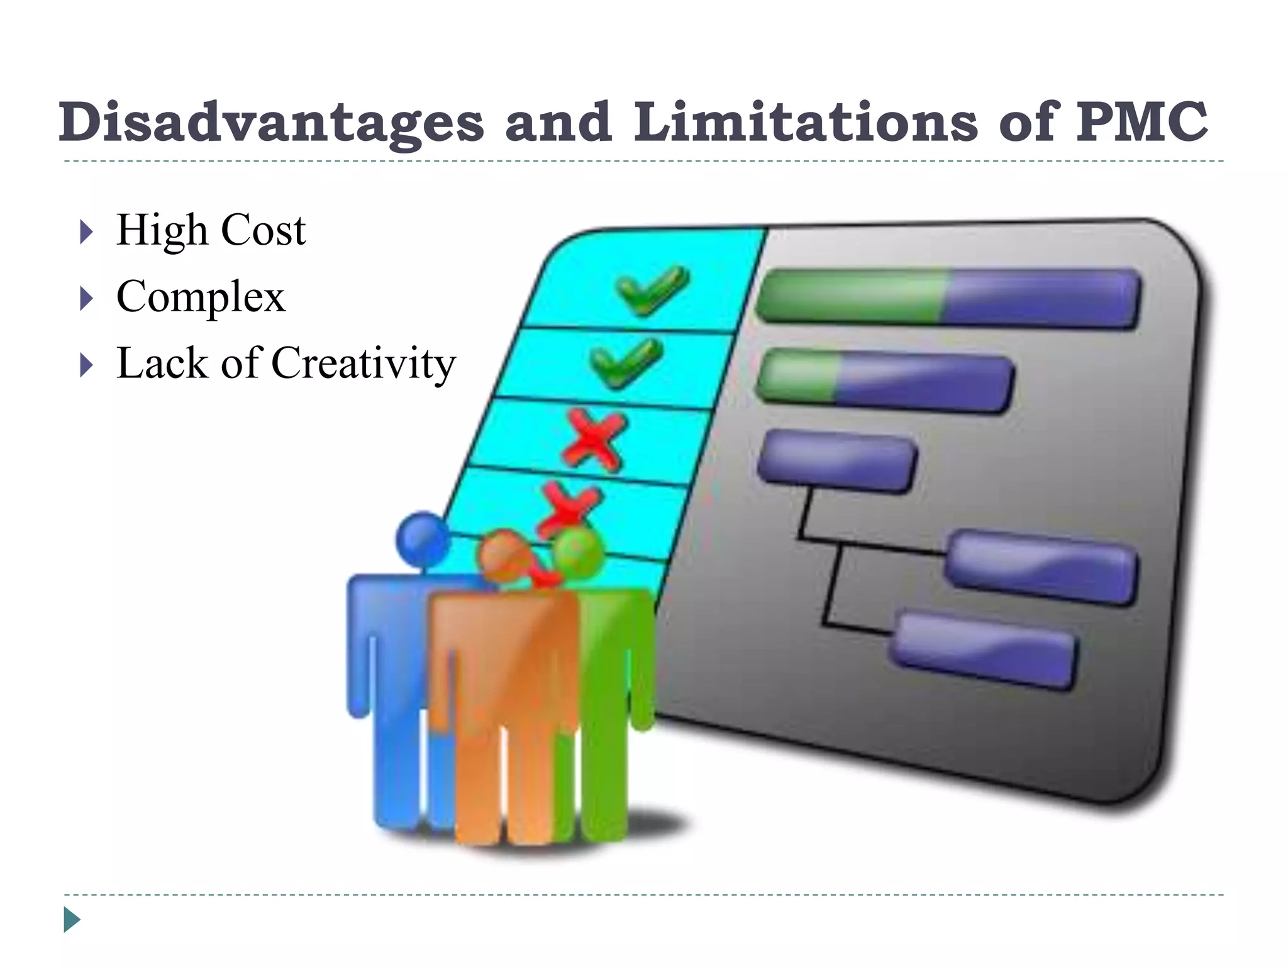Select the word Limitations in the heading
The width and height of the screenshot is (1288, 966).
coord(806,122)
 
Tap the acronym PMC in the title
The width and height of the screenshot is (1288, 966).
coord(1141,122)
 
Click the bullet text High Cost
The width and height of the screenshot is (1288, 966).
coord(211,230)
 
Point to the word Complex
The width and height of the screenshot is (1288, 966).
coord(201,297)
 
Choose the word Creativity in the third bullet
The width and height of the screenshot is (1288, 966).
coord(363,364)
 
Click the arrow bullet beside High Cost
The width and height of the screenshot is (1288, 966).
coord(87,231)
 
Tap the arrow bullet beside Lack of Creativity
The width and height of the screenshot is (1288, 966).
coord(87,365)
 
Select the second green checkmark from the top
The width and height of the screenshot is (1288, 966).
coord(626,363)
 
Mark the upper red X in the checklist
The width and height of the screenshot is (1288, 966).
coord(594,440)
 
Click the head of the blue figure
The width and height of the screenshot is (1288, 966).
coord(423,539)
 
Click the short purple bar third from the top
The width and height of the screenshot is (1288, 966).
coord(836,461)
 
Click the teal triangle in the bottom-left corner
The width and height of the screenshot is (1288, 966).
coord(72,919)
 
